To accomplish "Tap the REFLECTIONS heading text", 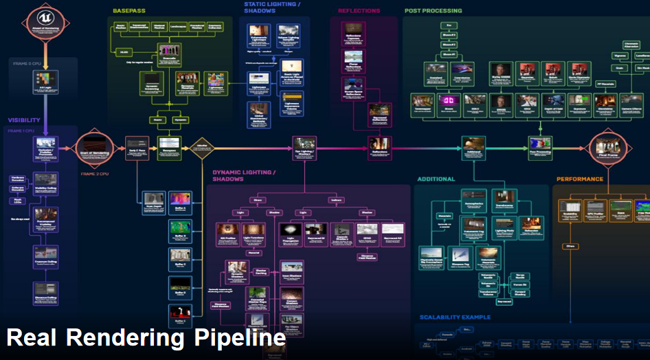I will click(x=359, y=11).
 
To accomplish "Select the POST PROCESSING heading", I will click(x=433, y=11).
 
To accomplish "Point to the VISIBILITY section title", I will click(x=24, y=120).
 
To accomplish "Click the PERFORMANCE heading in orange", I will click(x=579, y=179).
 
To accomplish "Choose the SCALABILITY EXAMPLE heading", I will click(x=455, y=317).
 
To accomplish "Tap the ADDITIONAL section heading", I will click(x=436, y=179).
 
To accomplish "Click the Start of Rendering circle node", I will click(x=93, y=148).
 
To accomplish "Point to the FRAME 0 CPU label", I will click(x=27, y=63).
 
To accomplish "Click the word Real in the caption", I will click(x=31, y=338).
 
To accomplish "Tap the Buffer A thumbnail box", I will click(x=179, y=201).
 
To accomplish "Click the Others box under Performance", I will click(x=570, y=245).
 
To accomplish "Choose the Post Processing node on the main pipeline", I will click(x=540, y=144).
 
